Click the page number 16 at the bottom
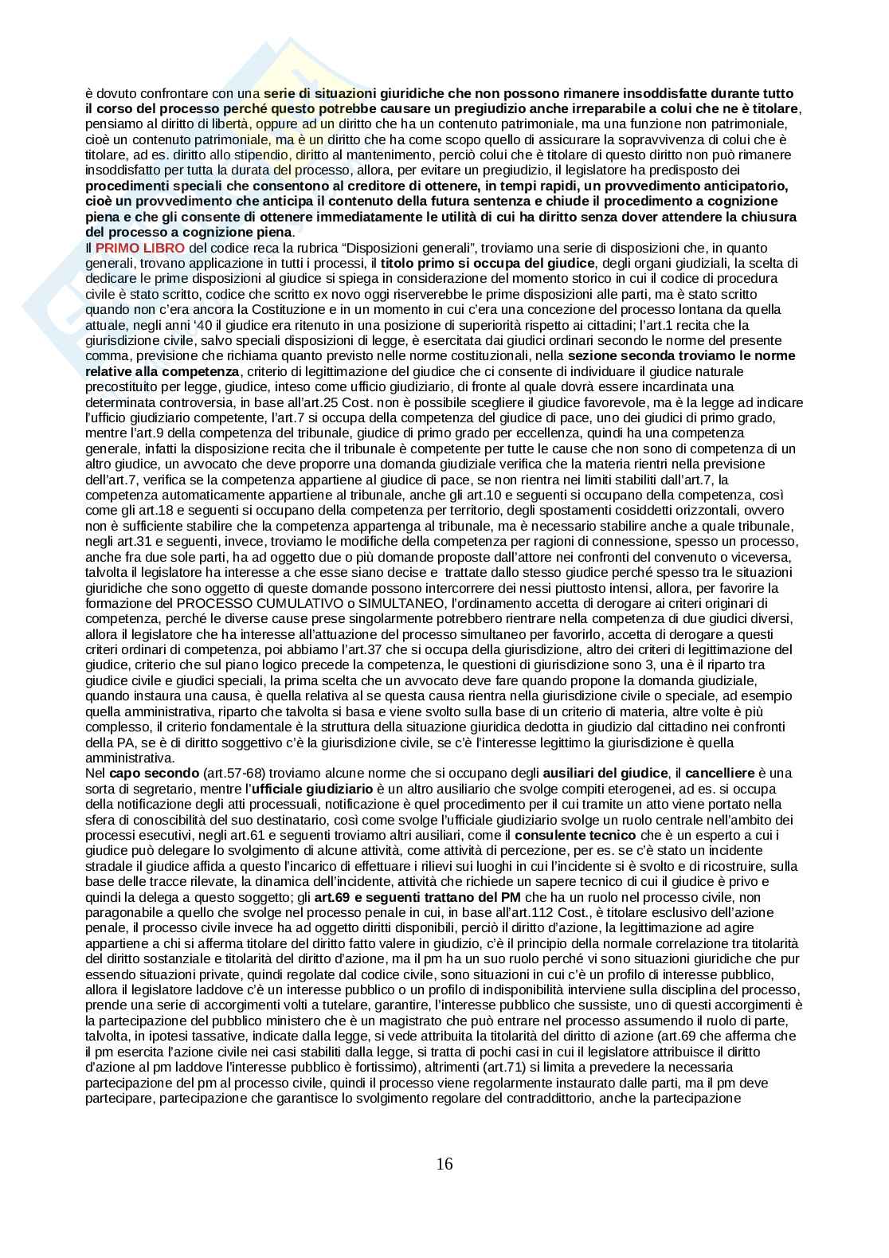click(444, 1164)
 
